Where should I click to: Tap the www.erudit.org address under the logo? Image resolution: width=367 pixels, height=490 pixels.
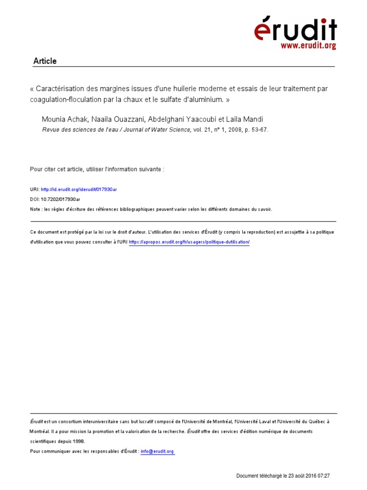click(308, 46)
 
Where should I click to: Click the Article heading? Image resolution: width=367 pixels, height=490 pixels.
click(45, 61)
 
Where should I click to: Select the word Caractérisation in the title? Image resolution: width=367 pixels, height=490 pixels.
click(60, 89)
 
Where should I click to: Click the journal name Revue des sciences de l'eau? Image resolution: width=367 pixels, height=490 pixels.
click(80, 129)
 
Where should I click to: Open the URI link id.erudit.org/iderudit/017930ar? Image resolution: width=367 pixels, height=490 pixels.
click(79, 189)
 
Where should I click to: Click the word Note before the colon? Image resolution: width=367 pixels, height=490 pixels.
click(35, 209)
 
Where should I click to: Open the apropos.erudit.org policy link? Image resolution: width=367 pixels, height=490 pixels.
click(189, 242)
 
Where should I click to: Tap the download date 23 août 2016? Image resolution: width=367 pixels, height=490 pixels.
click(302, 476)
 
